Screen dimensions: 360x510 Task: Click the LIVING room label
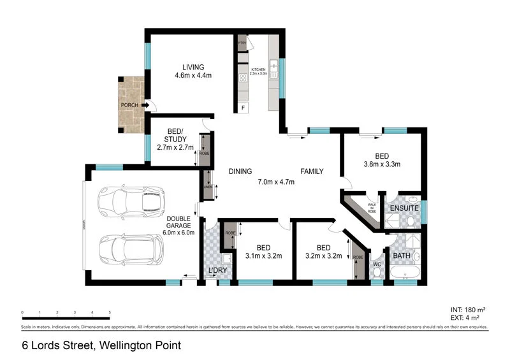(193, 67)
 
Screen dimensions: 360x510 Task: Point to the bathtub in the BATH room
(404, 273)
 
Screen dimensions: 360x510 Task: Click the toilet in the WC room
(377, 272)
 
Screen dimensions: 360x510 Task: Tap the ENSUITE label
(405, 207)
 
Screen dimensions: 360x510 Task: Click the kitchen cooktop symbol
(243, 78)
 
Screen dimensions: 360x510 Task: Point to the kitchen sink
(273, 69)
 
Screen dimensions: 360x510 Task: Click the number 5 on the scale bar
(110, 312)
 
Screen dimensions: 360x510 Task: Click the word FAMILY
(312, 171)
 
